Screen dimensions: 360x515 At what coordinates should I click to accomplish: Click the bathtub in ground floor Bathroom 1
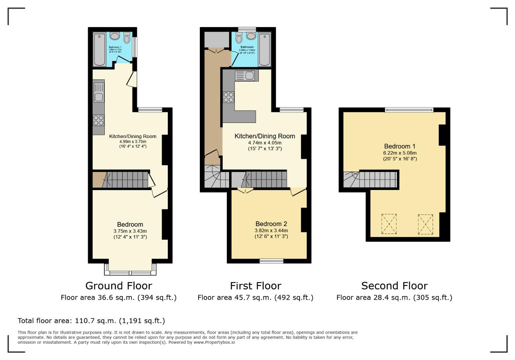pos(99,49)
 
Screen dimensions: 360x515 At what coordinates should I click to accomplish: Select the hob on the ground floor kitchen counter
pos(98,120)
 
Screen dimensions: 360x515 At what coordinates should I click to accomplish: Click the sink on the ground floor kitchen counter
pos(99,93)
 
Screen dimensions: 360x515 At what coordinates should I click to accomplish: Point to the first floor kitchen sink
pos(246,76)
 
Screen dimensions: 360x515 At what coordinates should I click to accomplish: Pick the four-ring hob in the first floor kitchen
pos(228,97)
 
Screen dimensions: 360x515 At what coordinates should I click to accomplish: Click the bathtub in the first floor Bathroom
pos(265,49)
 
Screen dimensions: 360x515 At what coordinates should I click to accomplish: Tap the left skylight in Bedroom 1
pos(389,224)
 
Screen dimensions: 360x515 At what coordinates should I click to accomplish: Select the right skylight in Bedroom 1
pos(425,224)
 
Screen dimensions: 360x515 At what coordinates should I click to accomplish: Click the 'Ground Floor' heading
pos(119,286)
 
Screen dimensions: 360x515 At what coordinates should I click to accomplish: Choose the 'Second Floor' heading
pos(394,286)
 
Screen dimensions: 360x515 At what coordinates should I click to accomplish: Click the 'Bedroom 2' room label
pos(271,224)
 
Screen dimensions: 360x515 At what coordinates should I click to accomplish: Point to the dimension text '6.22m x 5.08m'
pos(400,153)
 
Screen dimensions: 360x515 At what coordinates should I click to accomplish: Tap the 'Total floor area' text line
pos(91,321)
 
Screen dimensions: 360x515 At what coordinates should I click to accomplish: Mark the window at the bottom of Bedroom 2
pos(272,261)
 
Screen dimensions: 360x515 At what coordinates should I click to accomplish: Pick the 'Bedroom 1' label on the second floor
pos(400,146)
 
